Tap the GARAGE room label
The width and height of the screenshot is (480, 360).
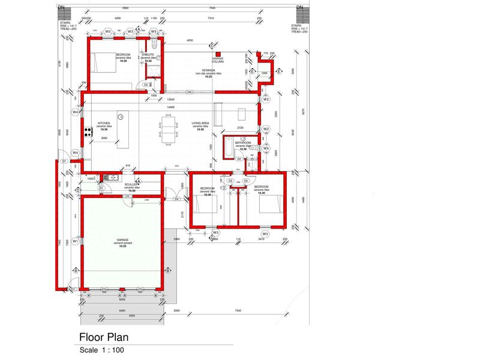pyautogui.click(x=123, y=239)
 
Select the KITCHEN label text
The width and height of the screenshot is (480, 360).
pyautogui.click(x=104, y=124)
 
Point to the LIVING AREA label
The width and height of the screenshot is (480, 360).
pyautogui.click(x=200, y=124)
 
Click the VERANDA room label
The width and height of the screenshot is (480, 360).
pyautogui.click(x=208, y=70)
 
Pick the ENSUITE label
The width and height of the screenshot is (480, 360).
pyautogui.click(x=148, y=55)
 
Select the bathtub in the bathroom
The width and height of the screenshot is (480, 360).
pyautogui.click(x=229, y=147)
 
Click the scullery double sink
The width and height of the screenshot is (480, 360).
pyautogui.click(x=111, y=177)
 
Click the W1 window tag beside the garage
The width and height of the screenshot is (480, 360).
pyautogui.click(x=76, y=241)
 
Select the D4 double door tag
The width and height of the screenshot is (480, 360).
pyautogui.click(x=178, y=199)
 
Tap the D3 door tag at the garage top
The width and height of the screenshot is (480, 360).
pyautogui.click(x=127, y=196)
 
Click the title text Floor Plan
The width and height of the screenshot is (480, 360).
pyautogui.click(x=104, y=337)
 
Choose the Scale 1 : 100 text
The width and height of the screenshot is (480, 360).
pyautogui.click(x=101, y=350)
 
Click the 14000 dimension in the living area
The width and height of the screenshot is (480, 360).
pyautogui.click(x=171, y=107)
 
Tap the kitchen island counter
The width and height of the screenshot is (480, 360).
pyautogui.click(x=123, y=130)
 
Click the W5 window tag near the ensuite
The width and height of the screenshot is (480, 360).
pyautogui.click(x=154, y=31)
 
